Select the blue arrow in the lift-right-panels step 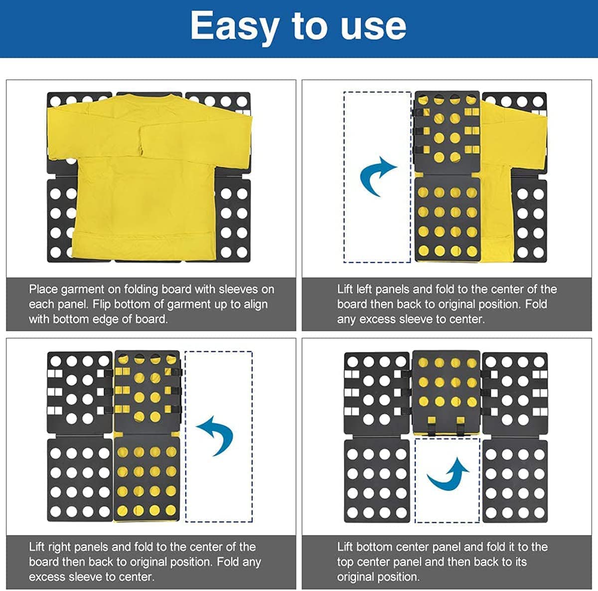(217, 436)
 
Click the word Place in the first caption (43, 289)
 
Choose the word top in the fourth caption (345, 563)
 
